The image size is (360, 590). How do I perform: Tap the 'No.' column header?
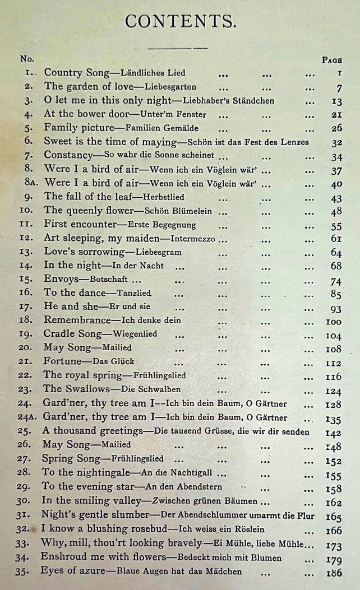(x=27, y=59)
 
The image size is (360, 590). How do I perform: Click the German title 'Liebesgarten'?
(x=170, y=87)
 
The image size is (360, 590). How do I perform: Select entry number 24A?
(x=29, y=417)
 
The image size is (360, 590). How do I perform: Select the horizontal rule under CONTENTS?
(x=179, y=48)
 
